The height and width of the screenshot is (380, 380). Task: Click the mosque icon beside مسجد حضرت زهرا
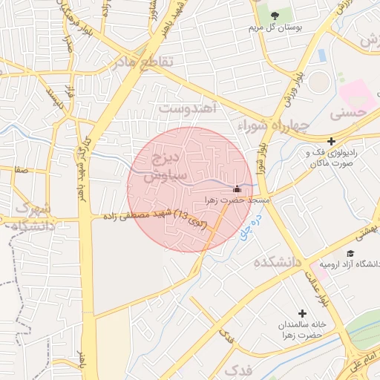click(237, 189)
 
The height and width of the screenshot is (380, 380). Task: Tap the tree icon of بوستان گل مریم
click(274, 16)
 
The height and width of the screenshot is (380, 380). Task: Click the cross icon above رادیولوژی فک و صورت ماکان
click(331, 141)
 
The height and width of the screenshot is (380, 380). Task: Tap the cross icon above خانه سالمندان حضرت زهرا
click(302, 313)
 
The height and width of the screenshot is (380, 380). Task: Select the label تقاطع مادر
click(143, 63)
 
